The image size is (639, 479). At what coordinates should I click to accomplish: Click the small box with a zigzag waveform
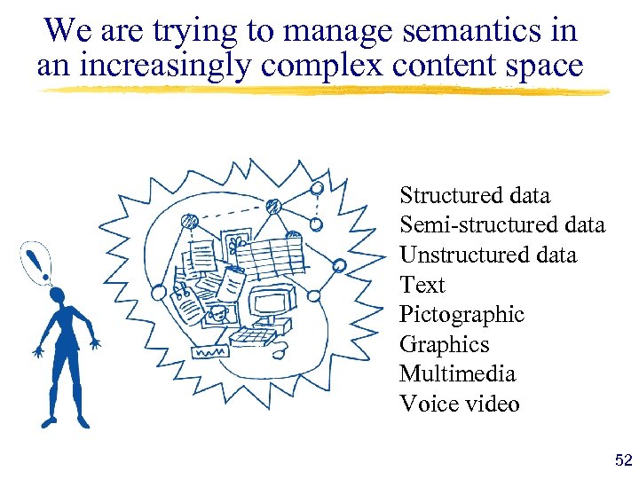[x=209, y=351]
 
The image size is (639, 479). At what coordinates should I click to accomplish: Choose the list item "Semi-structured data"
[x=501, y=225]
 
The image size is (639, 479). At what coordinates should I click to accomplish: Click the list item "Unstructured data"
[x=487, y=255]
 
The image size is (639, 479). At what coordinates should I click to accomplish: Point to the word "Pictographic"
[x=461, y=315]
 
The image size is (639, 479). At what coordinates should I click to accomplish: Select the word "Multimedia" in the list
[x=458, y=374]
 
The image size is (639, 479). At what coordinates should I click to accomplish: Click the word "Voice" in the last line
[x=425, y=404]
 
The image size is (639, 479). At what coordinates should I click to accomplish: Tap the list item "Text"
[x=422, y=285]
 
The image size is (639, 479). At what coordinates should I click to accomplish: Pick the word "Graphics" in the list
[x=444, y=345]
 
